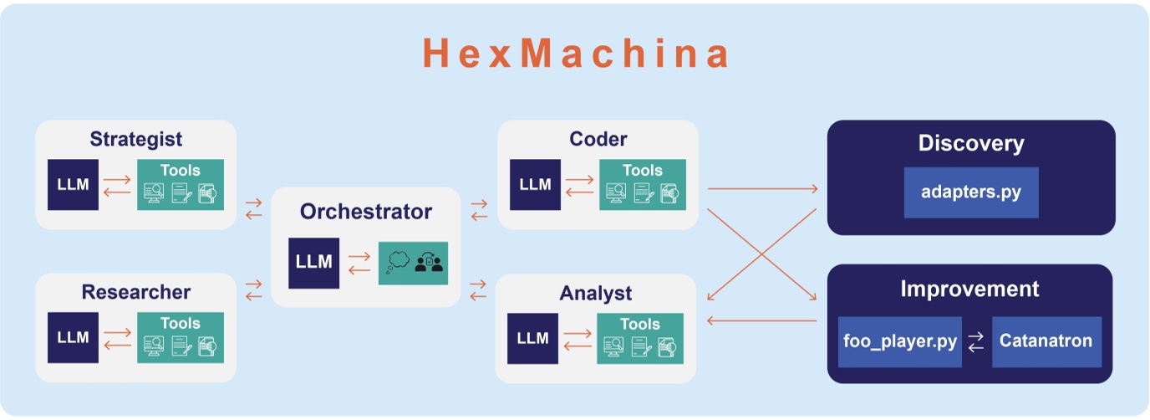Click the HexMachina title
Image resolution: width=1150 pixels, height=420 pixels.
tap(576, 54)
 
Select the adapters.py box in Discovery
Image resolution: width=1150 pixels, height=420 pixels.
tap(970, 192)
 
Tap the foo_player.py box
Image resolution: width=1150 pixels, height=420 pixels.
tap(899, 341)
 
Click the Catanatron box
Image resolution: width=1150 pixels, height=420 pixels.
tap(1046, 341)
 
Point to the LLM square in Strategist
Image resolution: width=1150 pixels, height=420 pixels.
tap(74, 184)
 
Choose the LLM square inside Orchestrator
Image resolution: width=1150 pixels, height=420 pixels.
tap(314, 262)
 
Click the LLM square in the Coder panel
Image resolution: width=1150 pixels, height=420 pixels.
tap(535, 184)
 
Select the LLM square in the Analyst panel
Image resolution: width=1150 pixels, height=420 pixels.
tap(532, 338)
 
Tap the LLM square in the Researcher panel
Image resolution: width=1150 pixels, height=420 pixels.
tap(74, 337)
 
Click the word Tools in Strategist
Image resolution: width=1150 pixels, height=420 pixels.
tap(180, 170)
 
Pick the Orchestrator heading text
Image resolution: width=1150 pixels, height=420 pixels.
tap(366, 212)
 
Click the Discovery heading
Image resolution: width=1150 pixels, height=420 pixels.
tap(970, 143)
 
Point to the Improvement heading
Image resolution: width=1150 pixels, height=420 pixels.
tap(969, 289)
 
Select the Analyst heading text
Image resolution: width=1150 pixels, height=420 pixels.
tap(595, 294)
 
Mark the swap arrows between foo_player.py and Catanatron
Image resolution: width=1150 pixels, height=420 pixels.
tap(976, 342)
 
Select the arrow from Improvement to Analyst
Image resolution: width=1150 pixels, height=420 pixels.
tap(761, 320)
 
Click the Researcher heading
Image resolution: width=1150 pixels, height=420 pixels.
tap(135, 292)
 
